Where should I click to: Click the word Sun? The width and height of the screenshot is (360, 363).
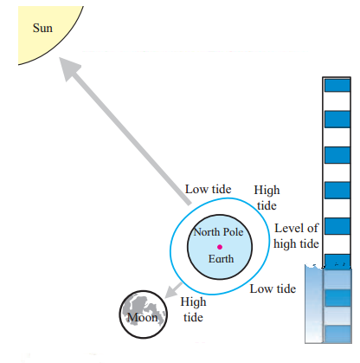pos(42,28)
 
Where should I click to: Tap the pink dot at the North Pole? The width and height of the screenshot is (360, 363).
pos(220,247)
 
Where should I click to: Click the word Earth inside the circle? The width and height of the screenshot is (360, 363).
pos(221,259)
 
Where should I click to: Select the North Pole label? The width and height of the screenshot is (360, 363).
pos(218,232)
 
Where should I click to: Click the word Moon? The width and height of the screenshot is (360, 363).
pos(143,317)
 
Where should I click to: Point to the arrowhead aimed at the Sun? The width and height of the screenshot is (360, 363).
pos(68,68)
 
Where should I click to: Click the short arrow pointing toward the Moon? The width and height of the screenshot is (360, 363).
pos(173,290)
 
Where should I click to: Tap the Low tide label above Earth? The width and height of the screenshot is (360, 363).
pos(208,190)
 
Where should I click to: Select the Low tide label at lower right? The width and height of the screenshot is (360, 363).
pos(273,288)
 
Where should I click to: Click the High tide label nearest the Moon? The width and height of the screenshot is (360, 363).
pos(193,309)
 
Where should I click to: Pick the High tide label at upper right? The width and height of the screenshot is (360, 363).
pos(267,198)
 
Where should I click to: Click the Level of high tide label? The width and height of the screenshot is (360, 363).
pos(296,236)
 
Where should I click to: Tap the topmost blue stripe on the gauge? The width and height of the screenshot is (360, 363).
pos(337,86)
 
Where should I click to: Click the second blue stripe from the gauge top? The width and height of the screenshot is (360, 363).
pos(337,120)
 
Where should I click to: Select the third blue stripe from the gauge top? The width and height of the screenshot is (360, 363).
pos(337,155)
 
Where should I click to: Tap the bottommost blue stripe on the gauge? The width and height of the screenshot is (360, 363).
pos(337,334)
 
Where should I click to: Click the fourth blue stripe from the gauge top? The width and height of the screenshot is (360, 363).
pos(337,191)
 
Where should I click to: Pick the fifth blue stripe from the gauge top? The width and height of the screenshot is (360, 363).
pos(337,226)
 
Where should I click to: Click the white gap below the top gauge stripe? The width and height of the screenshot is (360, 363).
pos(337,101)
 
